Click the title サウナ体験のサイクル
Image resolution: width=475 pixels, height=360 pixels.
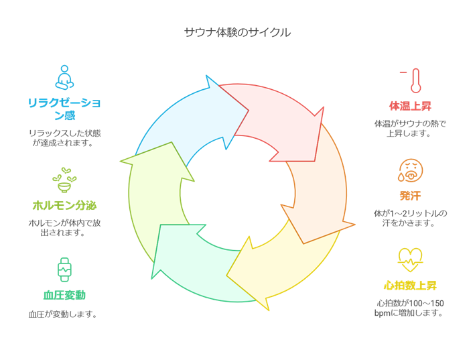(x=237, y=32)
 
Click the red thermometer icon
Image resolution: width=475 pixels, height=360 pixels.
(x=413, y=80)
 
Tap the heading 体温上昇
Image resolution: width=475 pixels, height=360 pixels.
(x=411, y=105)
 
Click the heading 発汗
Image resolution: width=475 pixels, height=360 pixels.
(x=410, y=196)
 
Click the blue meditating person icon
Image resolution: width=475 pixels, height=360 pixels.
(x=63, y=77)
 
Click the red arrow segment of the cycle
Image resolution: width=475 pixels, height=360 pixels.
(x=281, y=121)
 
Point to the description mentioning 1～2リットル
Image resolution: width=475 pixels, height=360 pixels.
(x=410, y=218)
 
